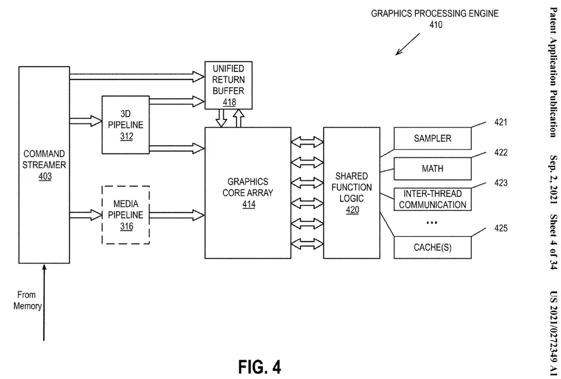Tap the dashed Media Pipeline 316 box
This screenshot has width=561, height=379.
point(126,215)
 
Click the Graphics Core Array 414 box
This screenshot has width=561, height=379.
point(248,193)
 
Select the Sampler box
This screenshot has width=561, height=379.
point(432,139)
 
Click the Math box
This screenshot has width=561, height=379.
point(432,169)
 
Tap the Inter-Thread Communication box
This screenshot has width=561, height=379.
point(432,199)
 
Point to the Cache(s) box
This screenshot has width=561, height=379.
point(432,247)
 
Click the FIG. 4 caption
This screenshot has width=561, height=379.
point(259,366)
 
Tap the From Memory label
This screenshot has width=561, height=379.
point(27,300)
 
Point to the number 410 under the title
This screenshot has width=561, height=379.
point(436,25)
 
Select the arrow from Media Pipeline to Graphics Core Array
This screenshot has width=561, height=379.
point(176,212)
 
